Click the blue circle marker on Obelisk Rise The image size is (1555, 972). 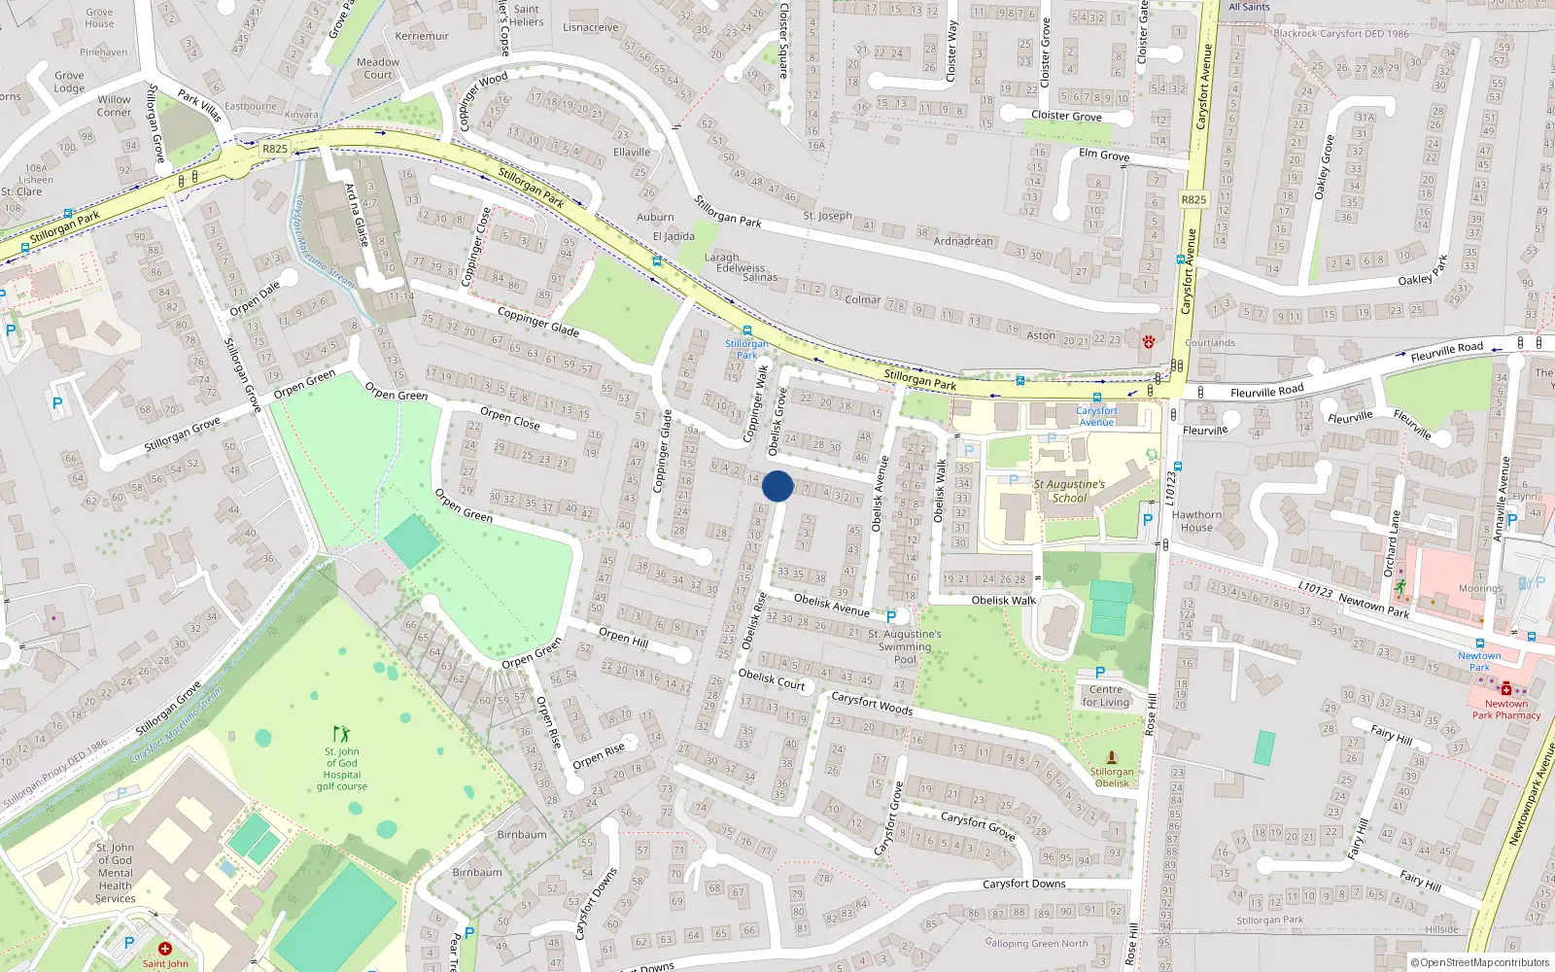(777, 486)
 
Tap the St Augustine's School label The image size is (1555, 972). (1069, 491)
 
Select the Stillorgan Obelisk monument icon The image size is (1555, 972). (1112, 756)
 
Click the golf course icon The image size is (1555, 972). (340, 734)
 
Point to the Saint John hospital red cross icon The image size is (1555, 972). (165, 949)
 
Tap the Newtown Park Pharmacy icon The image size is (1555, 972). (1505, 689)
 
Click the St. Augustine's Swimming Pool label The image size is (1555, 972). (905, 646)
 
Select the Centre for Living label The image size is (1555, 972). (1106, 696)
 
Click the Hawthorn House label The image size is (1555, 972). (1196, 521)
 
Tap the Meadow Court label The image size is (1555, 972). (378, 68)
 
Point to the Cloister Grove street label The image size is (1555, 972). (1066, 116)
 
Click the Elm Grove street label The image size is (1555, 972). (1104, 155)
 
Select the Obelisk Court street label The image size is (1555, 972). (772, 678)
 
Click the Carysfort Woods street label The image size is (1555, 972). (872, 703)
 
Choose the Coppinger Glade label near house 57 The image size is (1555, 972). (537, 322)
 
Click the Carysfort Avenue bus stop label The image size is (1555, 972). (1096, 416)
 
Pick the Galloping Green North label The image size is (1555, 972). (1036, 943)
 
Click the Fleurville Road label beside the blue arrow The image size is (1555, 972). (1447, 352)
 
